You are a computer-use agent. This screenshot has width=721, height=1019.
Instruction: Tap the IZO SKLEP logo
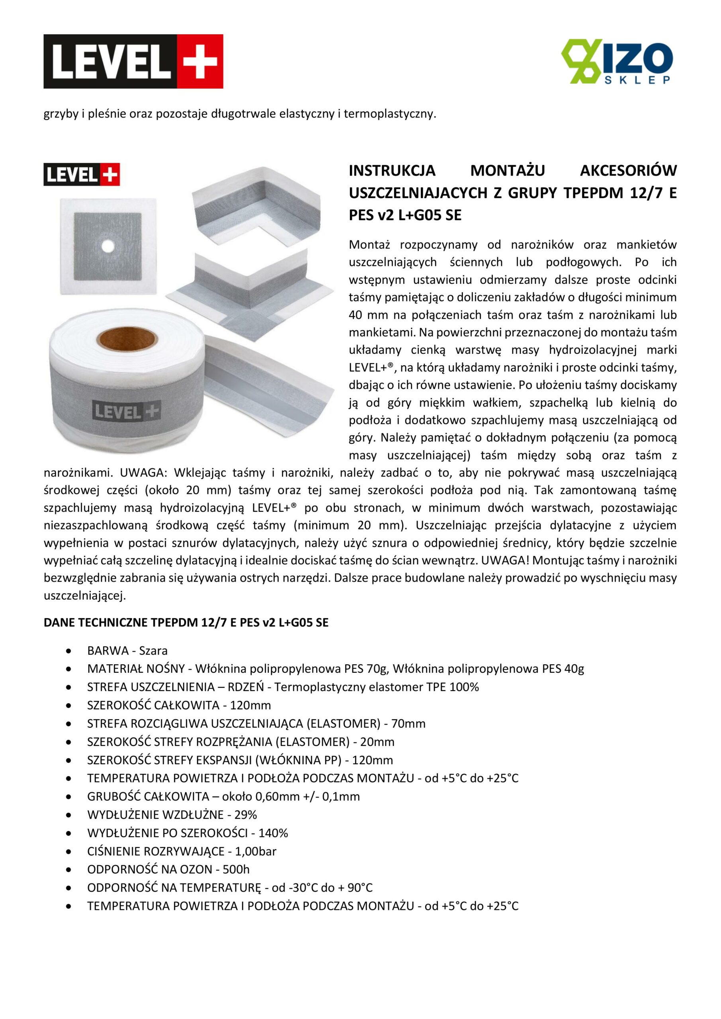pyautogui.click(x=617, y=61)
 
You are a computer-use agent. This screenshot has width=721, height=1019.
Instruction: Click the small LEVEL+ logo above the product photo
pyautogui.click(x=82, y=174)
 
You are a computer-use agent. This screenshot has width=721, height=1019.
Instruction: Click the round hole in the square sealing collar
pyautogui.click(x=108, y=246)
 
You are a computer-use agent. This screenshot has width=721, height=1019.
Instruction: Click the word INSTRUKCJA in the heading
pyautogui.click(x=392, y=170)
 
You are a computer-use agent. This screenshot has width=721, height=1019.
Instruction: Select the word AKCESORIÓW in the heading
pyautogui.click(x=628, y=170)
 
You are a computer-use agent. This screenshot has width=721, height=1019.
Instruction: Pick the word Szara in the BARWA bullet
pyautogui.click(x=153, y=651)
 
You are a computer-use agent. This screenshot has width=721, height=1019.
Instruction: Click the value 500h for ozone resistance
pyautogui.click(x=236, y=869)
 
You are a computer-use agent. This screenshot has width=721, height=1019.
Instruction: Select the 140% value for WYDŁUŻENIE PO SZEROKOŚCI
pyautogui.click(x=273, y=833)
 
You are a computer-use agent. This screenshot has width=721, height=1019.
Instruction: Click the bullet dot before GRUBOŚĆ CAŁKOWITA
pyautogui.click(x=68, y=796)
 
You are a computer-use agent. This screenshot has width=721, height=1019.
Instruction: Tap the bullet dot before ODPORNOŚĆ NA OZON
pyautogui.click(x=68, y=869)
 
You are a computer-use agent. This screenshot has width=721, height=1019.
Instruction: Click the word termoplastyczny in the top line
pyautogui.click(x=390, y=114)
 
